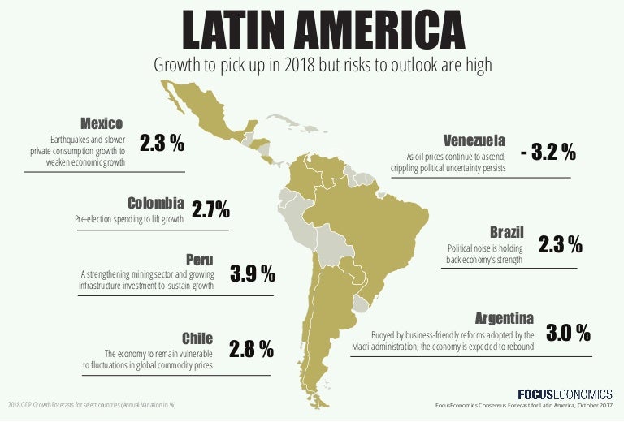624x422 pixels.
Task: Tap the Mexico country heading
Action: pyautogui.click(x=102, y=123)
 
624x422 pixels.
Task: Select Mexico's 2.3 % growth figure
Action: pyautogui.click(x=162, y=144)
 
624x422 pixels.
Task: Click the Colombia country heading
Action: pyautogui.click(x=156, y=202)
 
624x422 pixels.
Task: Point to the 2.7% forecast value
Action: pyautogui.click(x=210, y=211)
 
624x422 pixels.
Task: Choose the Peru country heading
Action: pyautogui.click(x=199, y=261)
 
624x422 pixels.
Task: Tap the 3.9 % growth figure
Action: pyautogui.click(x=252, y=273)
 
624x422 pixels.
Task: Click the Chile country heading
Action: pyautogui.click(x=198, y=338)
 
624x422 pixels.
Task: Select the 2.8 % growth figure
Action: pyautogui.click(x=251, y=350)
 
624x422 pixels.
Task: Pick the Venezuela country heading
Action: pyautogui.click(x=474, y=140)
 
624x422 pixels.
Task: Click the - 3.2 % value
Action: pyautogui.click(x=548, y=152)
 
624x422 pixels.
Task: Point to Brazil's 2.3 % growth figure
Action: pyautogui.click(x=561, y=243)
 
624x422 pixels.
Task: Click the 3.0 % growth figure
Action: pyautogui.click(x=567, y=333)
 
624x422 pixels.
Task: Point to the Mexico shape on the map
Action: pyautogui.click(x=203, y=114)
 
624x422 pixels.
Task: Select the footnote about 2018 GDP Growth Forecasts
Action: pyautogui.click(x=93, y=404)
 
